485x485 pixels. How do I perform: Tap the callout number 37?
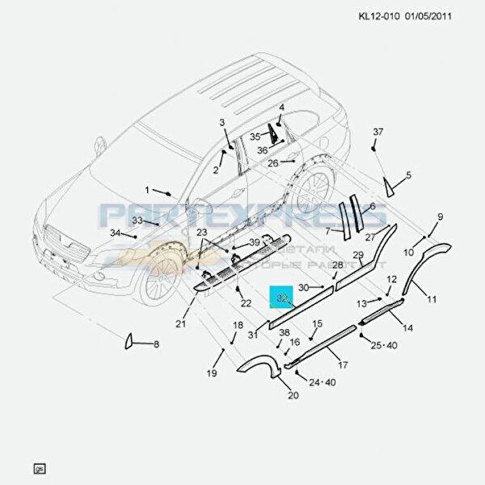point(377,131)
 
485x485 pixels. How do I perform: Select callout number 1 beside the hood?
point(148,190)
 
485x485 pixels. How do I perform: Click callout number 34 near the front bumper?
point(115,233)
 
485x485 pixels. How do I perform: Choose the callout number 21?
point(181,324)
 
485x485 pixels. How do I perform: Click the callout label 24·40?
point(320,382)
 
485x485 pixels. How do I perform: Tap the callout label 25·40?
point(385,346)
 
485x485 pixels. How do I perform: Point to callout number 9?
point(441,217)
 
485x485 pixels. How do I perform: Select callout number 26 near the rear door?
point(273,163)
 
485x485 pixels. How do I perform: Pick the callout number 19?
point(212,373)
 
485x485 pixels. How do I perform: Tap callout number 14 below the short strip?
point(407,328)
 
